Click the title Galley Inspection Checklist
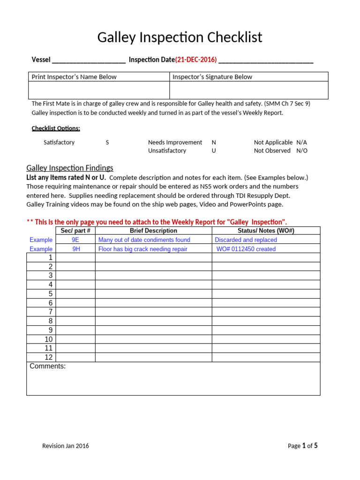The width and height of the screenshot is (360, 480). pyautogui.click(x=180, y=37)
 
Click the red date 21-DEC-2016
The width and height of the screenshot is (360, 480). pyautogui.click(x=196, y=60)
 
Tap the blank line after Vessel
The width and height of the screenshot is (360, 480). pyautogui.click(x=89, y=60)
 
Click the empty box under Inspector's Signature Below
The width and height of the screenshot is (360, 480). pyautogui.click(x=248, y=90)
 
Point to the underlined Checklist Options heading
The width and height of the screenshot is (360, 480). pyautogui.click(x=56, y=128)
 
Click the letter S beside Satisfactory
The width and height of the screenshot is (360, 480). pyautogui.click(x=107, y=142)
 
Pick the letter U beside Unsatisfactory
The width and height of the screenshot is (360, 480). pyautogui.click(x=214, y=151)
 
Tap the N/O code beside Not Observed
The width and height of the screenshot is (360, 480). pyautogui.click(x=302, y=151)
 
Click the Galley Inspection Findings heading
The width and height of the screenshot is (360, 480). pyautogui.click(x=70, y=168)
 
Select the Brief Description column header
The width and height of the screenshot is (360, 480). pyautogui.click(x=153, y=231)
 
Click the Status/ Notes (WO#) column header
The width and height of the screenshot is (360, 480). pyautogui.click(x=266, y=231)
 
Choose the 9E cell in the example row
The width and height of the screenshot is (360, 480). pyautogui.click(x=75, y=240)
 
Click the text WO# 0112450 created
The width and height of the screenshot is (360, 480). pyautogui.click(x=246, y=249)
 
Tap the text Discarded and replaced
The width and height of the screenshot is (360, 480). pyautogui.click(x=246, y=240)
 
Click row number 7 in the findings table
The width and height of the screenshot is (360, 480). pyautogui.click(x=51, y=312)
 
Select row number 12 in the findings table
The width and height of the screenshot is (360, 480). pyautogui.click(x=49, y=358)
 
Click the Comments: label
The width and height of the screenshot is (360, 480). pyautogui.click(x=48, y=367)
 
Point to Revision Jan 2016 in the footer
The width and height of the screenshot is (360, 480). pyautogui.click(x=66, y=446)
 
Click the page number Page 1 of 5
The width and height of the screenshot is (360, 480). pyautogui.click(x=302, y=446)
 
